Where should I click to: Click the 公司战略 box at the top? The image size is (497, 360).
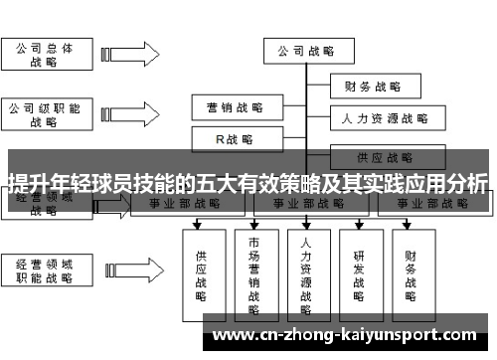click(x=306, y=50)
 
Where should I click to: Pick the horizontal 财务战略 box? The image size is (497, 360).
click(x=372, y=86)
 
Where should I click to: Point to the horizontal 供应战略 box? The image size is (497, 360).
click(x=385, y=156)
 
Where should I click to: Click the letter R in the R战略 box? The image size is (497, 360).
click(x=222, y=138)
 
